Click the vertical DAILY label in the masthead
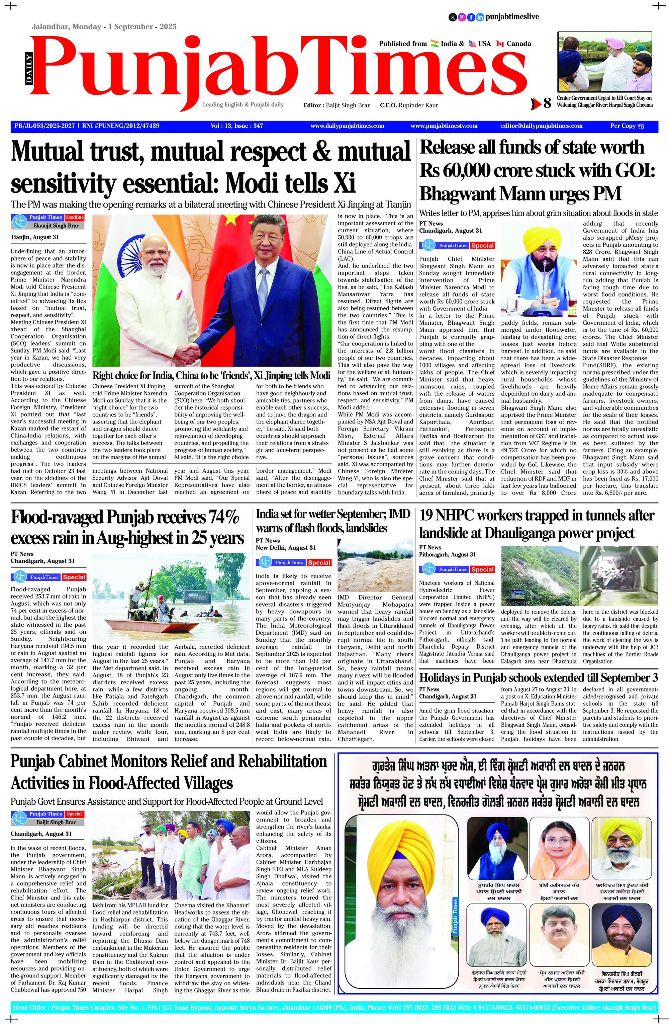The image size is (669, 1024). click(29, 69)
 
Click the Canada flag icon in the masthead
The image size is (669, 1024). click(500, 44)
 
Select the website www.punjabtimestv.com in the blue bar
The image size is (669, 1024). click(444, 126)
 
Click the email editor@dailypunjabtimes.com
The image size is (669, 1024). click(541, 126)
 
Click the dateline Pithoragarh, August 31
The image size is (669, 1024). click(447, 555)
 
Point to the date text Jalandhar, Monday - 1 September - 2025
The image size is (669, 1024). click(104, 27)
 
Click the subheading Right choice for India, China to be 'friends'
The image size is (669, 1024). click(211, 375)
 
